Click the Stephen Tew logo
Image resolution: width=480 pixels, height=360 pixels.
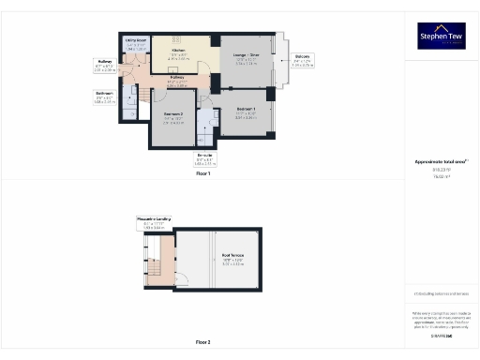(442, 37)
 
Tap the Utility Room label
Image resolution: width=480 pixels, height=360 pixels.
(137, 41)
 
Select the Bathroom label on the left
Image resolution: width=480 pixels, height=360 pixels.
(105, 93)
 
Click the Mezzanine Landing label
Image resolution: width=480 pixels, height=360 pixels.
(152, 219)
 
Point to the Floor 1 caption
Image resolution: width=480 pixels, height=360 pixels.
(203, 173)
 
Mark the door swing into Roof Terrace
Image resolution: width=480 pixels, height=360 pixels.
(182, 279)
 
